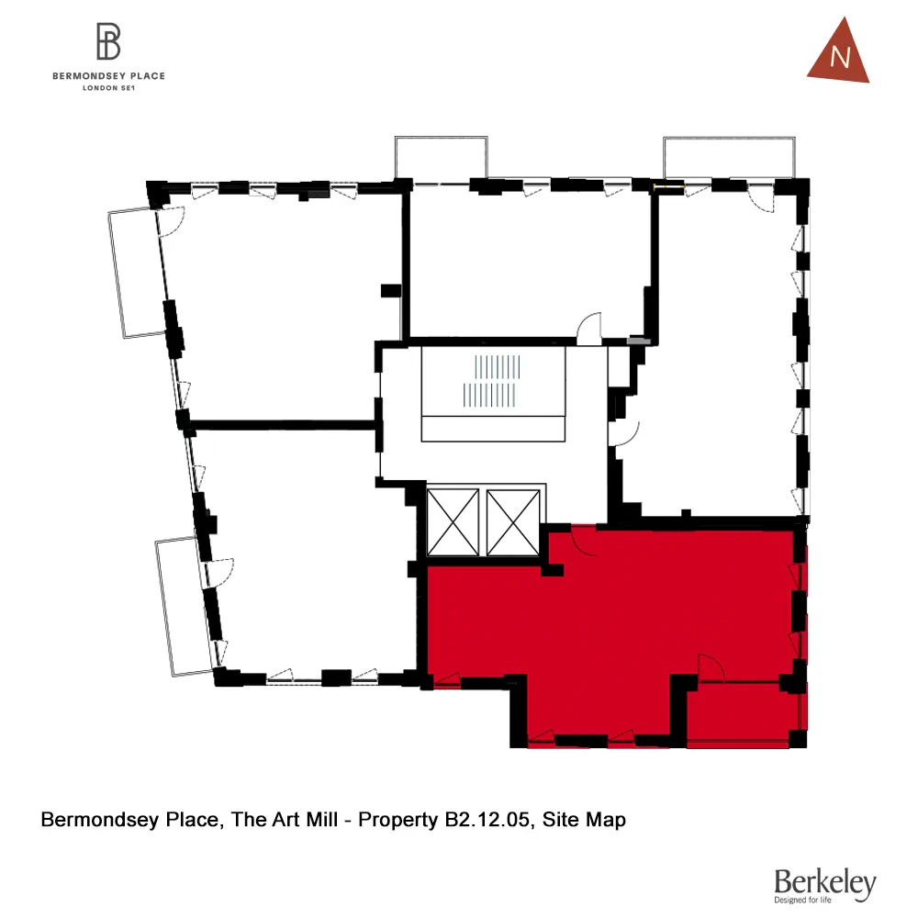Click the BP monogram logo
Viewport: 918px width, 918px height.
click(109, 42)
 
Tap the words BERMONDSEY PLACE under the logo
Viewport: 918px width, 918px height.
click(109, 76)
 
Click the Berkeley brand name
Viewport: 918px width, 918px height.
click(824, 882)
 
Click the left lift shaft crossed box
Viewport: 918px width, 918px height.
click(453, 522)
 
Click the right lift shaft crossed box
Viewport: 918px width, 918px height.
click(512, 522)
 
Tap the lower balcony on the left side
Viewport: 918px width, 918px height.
click(180, 606)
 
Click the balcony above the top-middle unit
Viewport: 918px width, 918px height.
click(441, 159)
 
